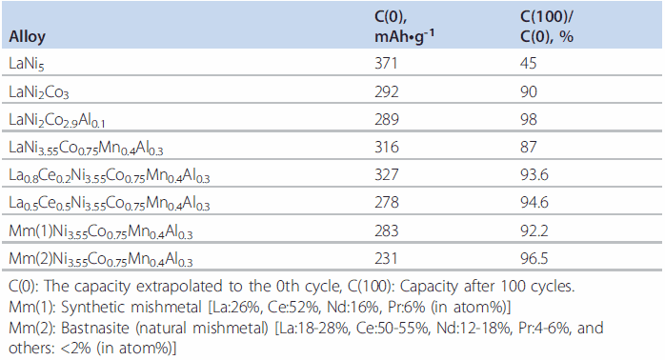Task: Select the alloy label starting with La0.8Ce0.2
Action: [x=108, y=176]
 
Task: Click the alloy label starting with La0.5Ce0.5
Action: [x=108, y=204]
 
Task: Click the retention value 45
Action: [x=529, y=63]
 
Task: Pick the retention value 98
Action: [x=529, y=119]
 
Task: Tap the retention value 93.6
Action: [x=534, y=175]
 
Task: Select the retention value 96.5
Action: [x=534, y=259]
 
